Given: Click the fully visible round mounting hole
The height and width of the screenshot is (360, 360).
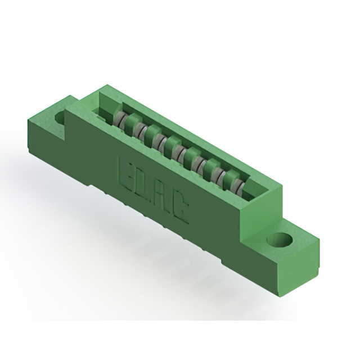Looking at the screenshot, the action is pos(280,240).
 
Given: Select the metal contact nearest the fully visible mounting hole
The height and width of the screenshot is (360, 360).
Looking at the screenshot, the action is pos(237,186).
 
